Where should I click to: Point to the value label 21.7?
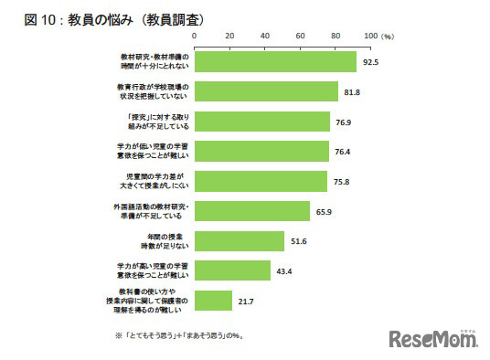(244, 302)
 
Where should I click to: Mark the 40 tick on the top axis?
(264, 36)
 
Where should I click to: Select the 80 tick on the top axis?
(336, 36)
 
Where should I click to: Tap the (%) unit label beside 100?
(388, 37)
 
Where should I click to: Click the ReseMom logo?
(433, 340)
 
